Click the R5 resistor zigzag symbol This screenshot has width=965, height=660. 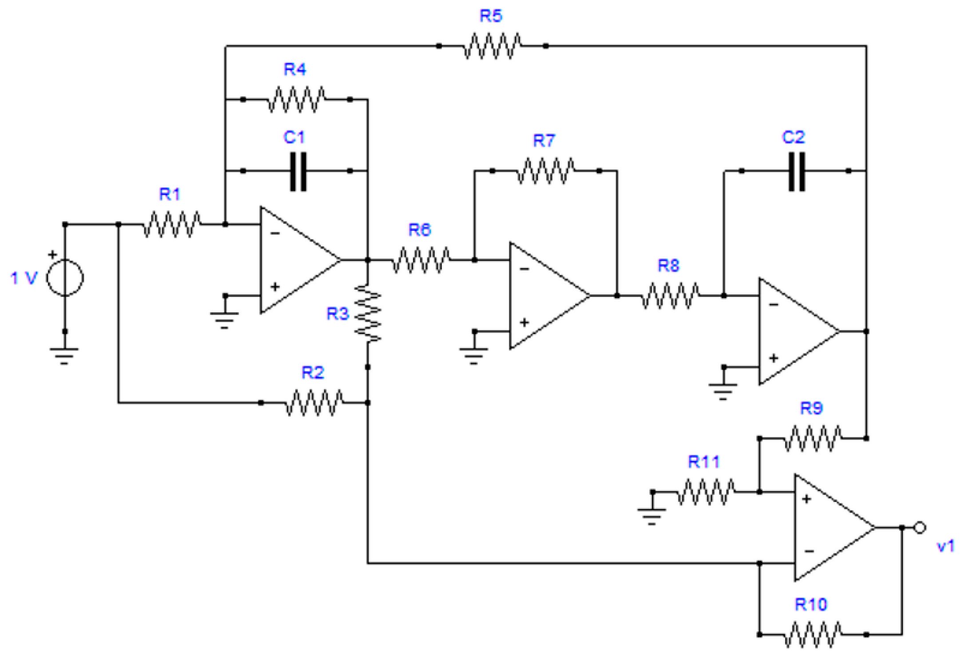pos(492,46)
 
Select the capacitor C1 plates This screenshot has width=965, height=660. pos(298,171)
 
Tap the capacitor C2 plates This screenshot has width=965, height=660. pos(796,171)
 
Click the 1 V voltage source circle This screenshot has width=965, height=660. pos(65,278)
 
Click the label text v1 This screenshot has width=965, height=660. pos(945,545)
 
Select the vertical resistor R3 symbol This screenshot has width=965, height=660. pos(368,314)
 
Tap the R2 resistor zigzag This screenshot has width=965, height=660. pos(314,403)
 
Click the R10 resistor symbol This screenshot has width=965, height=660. pos(812,634)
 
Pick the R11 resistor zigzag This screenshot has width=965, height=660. pos(706,492)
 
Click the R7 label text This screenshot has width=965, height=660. pos(544,141)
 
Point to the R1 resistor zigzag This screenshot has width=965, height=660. pos(171,224)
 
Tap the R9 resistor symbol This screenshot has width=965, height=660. pos(812,438)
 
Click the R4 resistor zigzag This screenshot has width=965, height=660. pos(296,99)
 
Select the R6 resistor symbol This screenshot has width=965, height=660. pos(421,260)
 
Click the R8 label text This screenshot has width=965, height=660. pos(668,266)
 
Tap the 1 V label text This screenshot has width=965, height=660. pos(24,278)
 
